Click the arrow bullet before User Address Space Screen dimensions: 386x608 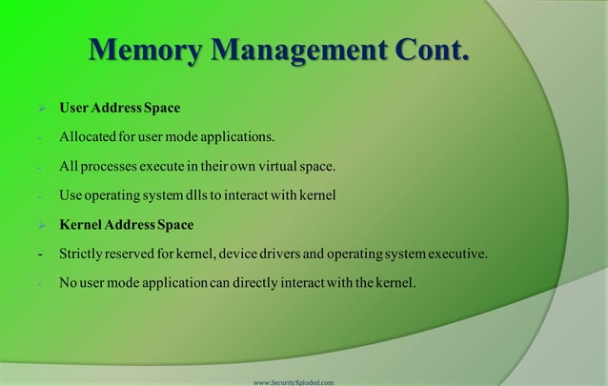(41, 108)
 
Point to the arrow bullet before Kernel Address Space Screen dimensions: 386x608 (41, 226)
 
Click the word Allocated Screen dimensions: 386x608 (89, 137)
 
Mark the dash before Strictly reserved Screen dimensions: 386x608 (40, 254)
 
